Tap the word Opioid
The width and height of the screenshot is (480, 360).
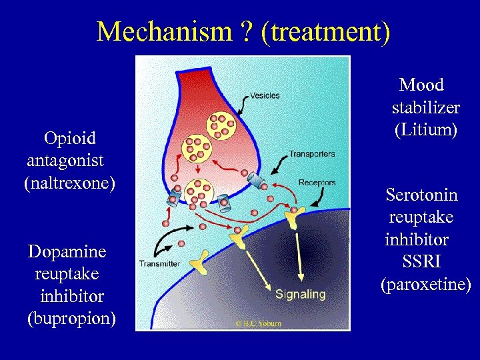coord(69,138)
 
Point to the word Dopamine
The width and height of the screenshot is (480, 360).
coord(67,251)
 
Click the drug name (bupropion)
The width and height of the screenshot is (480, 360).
coord(71,318)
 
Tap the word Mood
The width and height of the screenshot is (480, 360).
coord(421,85)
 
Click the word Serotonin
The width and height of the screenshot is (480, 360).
coord(421,195)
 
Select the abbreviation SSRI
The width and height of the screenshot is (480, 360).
coord(421,261)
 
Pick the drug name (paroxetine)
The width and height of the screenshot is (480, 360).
coord(425,285)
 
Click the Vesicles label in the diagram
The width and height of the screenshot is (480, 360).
coord(264,95)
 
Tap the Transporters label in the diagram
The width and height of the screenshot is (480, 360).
coord(311,154)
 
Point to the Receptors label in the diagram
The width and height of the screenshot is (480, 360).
coord(317,182)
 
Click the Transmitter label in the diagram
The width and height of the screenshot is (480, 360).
coord(159,263)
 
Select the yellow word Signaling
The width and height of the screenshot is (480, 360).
coord(300,293)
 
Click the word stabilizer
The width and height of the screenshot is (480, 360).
coord(425,107)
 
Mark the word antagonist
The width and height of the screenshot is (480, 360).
coord(65,160)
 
